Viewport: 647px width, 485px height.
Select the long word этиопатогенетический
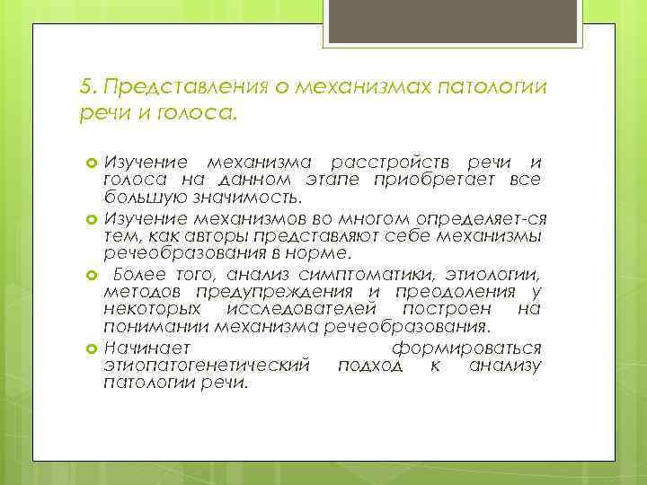pos(207,366)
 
